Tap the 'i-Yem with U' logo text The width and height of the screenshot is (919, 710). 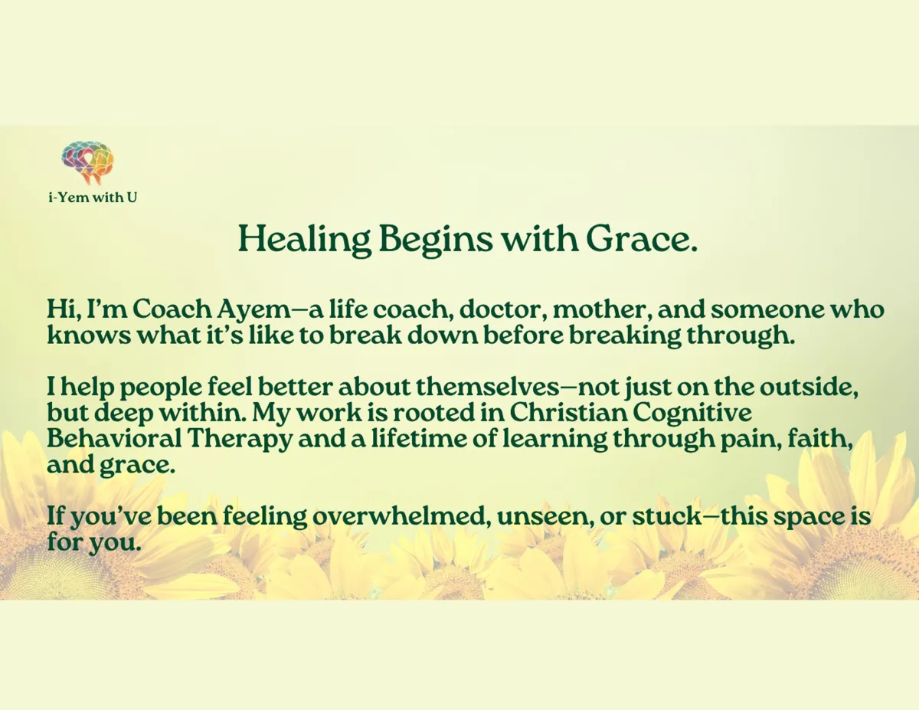point(93,198)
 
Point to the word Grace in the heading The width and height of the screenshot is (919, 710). point(641,239)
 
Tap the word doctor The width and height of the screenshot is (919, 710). point(502,309)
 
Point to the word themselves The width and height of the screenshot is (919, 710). point(488,387)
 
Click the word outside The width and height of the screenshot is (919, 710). point(809,387)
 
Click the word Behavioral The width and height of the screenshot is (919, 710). point(114,439)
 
